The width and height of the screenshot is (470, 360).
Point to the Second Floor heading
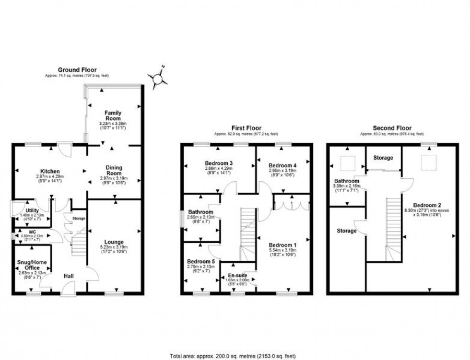392,128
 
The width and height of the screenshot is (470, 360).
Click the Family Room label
113,116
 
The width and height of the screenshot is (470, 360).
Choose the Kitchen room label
50,171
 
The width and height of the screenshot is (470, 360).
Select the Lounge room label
114,242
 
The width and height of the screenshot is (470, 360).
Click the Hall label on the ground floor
69,276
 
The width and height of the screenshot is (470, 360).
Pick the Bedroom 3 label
218,163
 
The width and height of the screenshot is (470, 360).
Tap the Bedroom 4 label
283,165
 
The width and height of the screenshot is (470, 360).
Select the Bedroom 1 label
283,245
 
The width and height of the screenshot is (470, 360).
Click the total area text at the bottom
233,356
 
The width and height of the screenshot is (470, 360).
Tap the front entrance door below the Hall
68,289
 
